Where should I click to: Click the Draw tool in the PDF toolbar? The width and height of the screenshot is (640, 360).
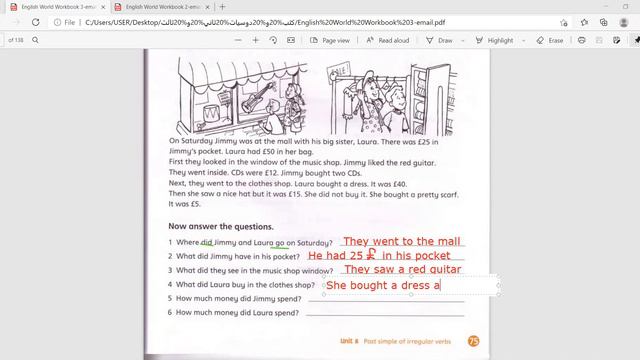[439, 41]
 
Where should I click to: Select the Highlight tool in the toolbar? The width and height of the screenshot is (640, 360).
[494, 41]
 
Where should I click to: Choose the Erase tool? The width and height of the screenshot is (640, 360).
[550, 41]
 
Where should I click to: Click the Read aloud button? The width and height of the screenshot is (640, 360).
[387, 41]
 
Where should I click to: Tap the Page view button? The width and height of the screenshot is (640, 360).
[330, 41]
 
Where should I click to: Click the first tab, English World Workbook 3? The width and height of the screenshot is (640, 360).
[60, 7]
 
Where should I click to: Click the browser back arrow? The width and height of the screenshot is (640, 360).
[11, 21]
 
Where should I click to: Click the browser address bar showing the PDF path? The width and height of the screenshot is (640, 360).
[300, 21]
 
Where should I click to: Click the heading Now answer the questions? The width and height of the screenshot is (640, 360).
[220, 226]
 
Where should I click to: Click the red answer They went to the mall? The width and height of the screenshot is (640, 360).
[401, 241]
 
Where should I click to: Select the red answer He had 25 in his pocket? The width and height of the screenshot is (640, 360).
[379, 256]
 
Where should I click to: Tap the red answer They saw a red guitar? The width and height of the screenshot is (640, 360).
[401, 270]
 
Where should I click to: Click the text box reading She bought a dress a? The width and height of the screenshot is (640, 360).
[384, 286]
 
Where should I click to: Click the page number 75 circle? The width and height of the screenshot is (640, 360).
[473, 341]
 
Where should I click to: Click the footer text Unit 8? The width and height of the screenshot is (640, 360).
[348, 341]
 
